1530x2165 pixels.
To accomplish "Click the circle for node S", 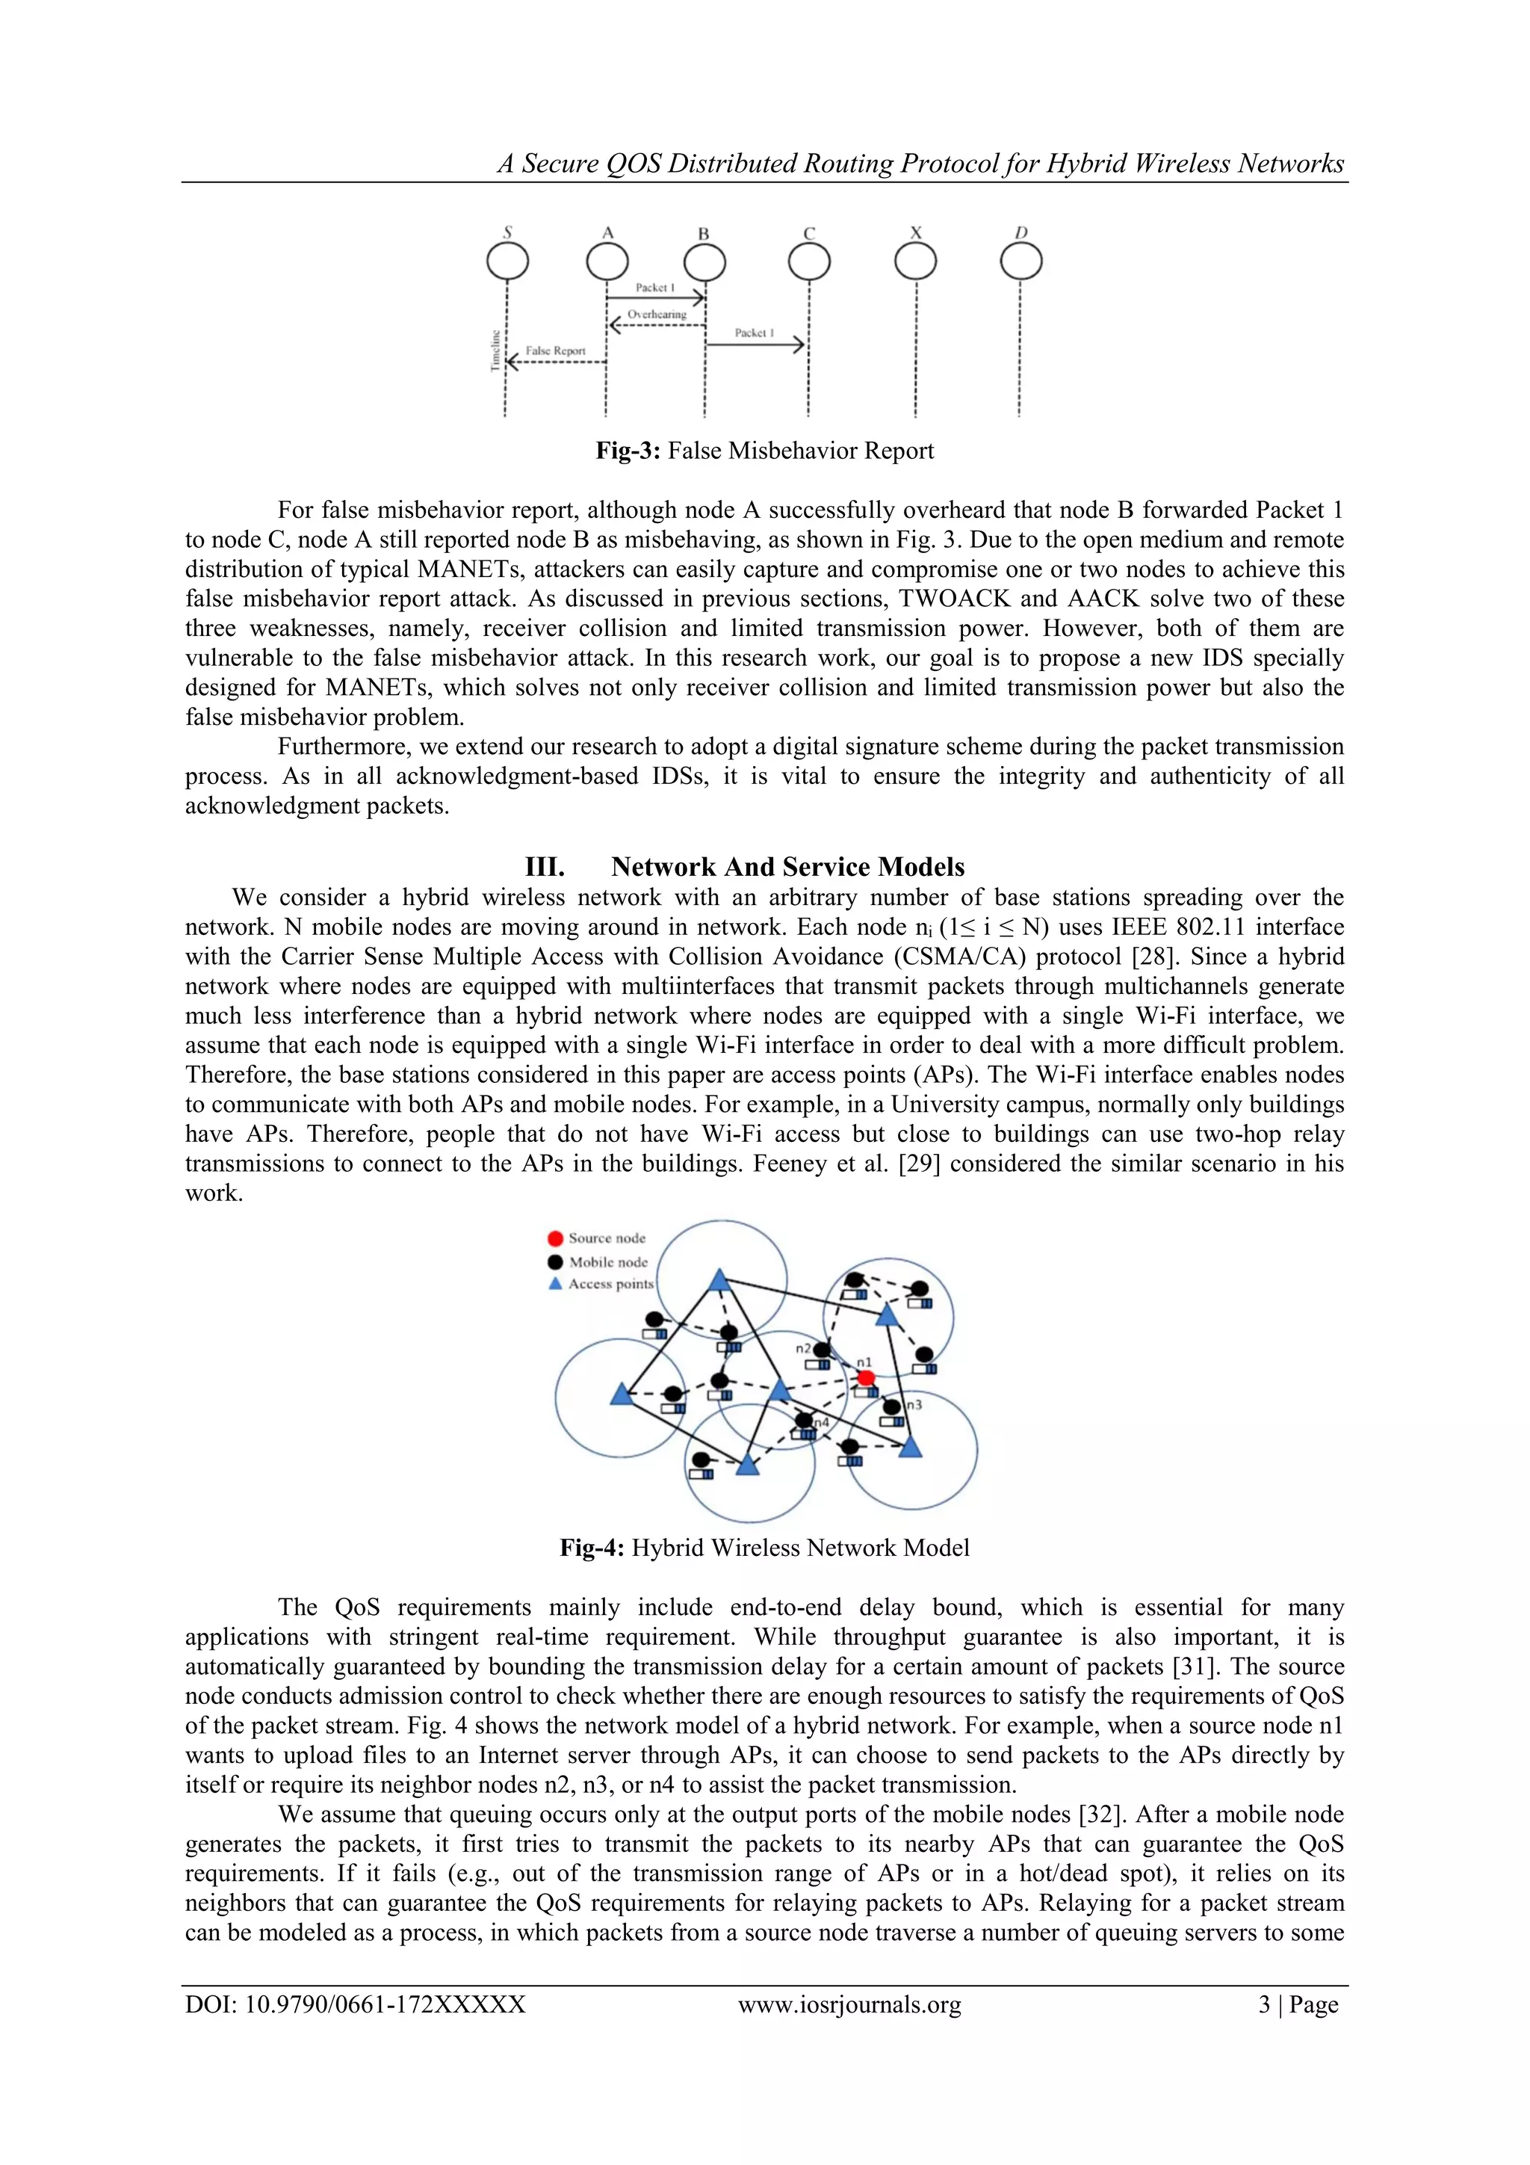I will point(507,262).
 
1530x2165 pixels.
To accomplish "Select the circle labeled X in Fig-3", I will point(915,262).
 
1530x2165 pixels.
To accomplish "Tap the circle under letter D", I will point(1021,262).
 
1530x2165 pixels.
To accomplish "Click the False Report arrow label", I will point(555,350).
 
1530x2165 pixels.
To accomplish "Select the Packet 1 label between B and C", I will point(754,333).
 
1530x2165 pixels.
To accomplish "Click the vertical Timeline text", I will point(495,350).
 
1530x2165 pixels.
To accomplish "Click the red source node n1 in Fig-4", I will point(865,1379).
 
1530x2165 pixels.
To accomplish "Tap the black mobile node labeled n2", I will point(822,1350).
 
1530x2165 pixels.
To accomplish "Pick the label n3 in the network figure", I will point(914,1404).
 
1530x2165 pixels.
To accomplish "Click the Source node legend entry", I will point(606,1238).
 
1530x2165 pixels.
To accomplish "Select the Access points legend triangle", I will point(556,1283).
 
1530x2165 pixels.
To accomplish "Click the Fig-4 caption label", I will point(591,1548).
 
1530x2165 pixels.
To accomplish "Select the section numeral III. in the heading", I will point(544,867).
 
